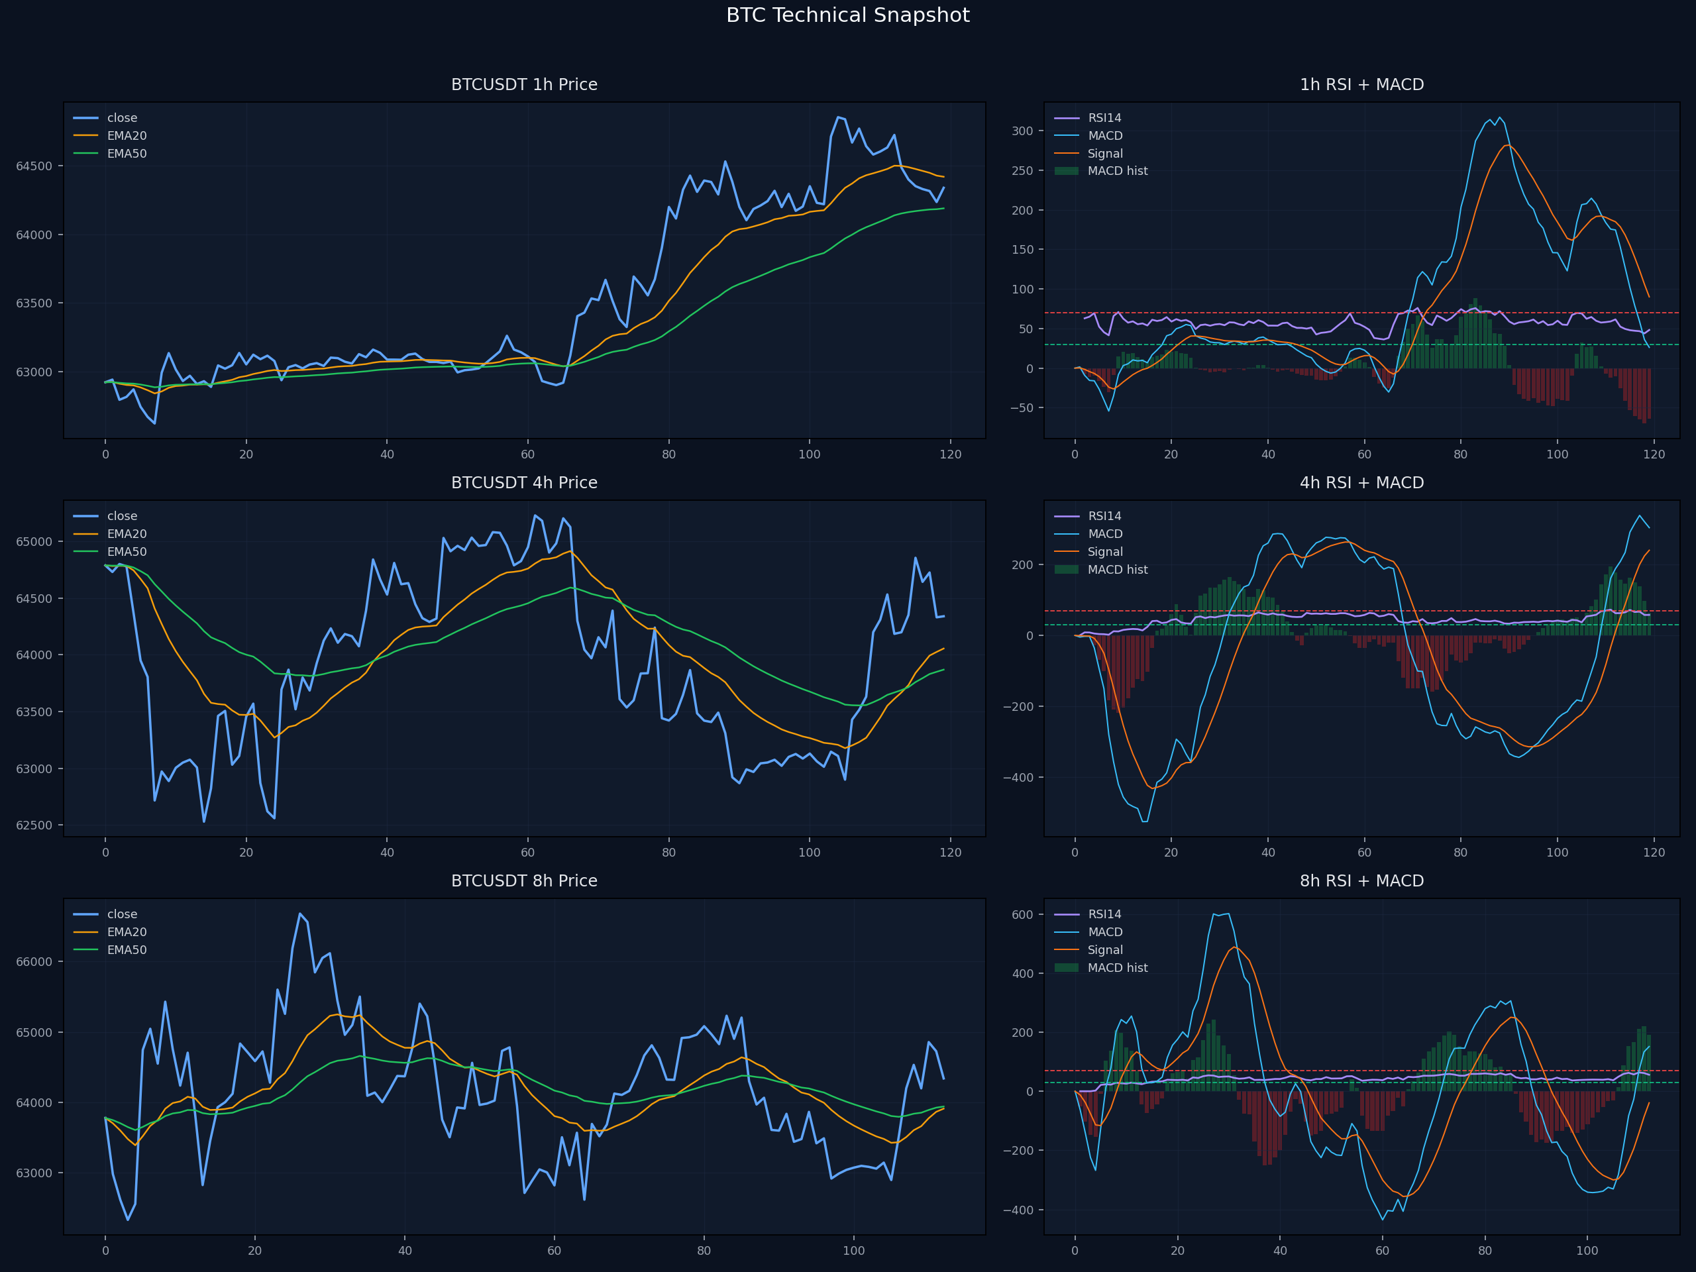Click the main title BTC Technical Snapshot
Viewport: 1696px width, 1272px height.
[x=847, y=15]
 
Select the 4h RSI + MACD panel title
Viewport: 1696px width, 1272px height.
[x=1361, y=482]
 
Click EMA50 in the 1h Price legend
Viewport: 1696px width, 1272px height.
[x=127, y=153]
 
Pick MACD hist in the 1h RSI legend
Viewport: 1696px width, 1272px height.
[x=1117, y=171]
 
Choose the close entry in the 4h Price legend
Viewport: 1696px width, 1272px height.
[x=122, y=516]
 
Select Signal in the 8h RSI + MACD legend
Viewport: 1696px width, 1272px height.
[x=1105, y=950]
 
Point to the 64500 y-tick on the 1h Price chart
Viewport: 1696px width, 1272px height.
[x=34, y=166]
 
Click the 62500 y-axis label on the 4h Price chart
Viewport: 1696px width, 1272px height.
[x=34, y=825]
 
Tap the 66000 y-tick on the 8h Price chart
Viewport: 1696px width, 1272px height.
[x=34, y=962]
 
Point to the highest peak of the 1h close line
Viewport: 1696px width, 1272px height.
[x=837, y=117]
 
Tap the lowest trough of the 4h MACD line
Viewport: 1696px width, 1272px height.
[x=1145, y=821]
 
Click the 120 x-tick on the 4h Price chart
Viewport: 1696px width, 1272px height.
[x=950, y=852]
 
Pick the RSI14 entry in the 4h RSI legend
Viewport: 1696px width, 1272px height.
[x=1104, y=516]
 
